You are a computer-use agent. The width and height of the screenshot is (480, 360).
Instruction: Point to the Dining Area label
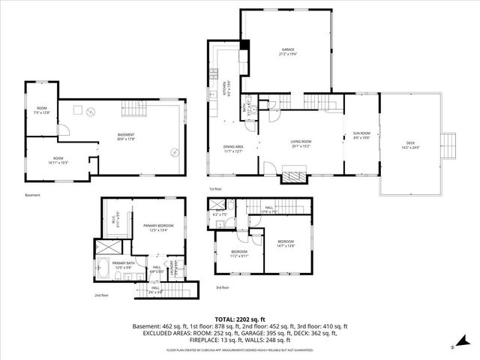tap(233, 148)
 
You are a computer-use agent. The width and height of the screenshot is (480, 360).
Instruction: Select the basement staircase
tap(134, 109)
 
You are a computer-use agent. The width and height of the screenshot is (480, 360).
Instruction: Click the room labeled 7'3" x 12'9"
tap(42, 111)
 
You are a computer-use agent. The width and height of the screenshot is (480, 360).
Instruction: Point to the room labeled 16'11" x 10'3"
tap(58, 160)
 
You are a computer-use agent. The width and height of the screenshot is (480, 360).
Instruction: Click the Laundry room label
tap(174, 266)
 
